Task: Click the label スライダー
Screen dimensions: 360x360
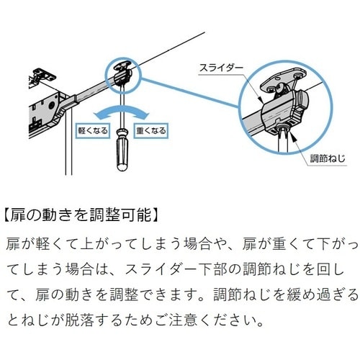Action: pyautogui.click(x=221, y=68)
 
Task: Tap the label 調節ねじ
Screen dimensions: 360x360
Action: pyautogui.click(x=328, y=158)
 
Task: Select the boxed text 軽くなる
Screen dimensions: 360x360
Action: pyautogui.click(x=93, y=131)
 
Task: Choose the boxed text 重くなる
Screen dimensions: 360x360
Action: pyautogui.click(x=151, y=131)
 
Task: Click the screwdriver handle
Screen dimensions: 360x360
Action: pyautogui.click(x=122, y=150)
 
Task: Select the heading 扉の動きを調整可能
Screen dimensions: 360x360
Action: pyautogui.click(x=81, y=215)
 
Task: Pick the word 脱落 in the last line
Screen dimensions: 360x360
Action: pyautogui.click(x=79, y=320)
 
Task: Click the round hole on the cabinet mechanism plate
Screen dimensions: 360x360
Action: pyautogui.click(x=52, y=105)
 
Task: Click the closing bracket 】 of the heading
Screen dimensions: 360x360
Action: pyautogui.click(x=156, y=215)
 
